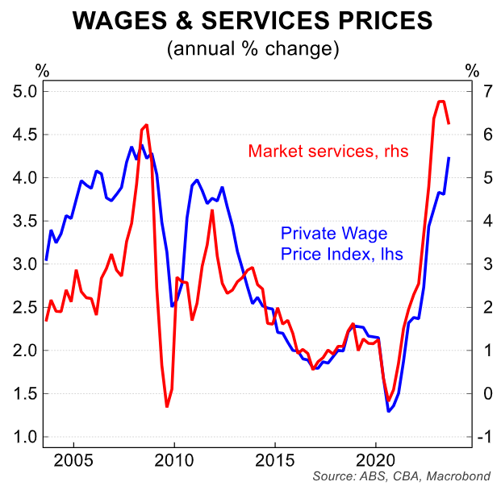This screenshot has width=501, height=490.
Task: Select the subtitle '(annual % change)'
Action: pos(250,48)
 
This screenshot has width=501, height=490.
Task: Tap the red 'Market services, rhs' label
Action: pos(328,151)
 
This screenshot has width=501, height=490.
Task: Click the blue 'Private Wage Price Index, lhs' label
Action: pos(341,243)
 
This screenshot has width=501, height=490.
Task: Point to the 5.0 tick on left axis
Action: pos(25,91)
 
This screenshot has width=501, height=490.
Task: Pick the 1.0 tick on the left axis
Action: pos(25,438)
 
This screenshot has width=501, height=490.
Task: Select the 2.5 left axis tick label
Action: pos(25,308)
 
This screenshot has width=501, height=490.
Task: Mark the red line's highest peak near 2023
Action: pos(440,102)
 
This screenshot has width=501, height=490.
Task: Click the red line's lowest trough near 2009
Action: pos(167,406)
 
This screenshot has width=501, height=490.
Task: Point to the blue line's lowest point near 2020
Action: pos(388,412)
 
